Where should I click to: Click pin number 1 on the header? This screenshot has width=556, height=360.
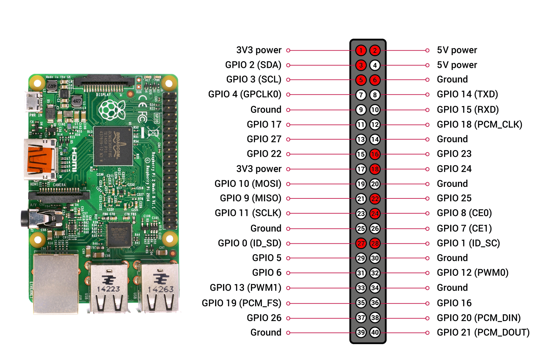361,50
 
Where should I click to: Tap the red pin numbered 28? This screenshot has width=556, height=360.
375,243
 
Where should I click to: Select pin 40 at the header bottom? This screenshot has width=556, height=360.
375,332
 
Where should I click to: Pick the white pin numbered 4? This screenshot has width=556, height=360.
375,65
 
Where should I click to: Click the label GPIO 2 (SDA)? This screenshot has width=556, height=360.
253,65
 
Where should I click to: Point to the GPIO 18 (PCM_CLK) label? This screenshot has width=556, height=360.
479,124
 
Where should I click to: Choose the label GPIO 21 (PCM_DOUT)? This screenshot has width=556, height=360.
483,332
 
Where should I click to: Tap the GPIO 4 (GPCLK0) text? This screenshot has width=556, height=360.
245,94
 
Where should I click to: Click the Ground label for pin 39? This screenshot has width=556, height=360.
266,332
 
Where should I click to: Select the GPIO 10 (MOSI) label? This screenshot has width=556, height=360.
248,184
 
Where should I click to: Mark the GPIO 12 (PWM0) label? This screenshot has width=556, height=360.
472,272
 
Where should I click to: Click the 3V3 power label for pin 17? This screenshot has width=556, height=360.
259,169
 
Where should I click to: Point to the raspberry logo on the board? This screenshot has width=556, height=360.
111,109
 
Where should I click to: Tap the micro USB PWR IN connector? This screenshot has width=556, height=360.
33,102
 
